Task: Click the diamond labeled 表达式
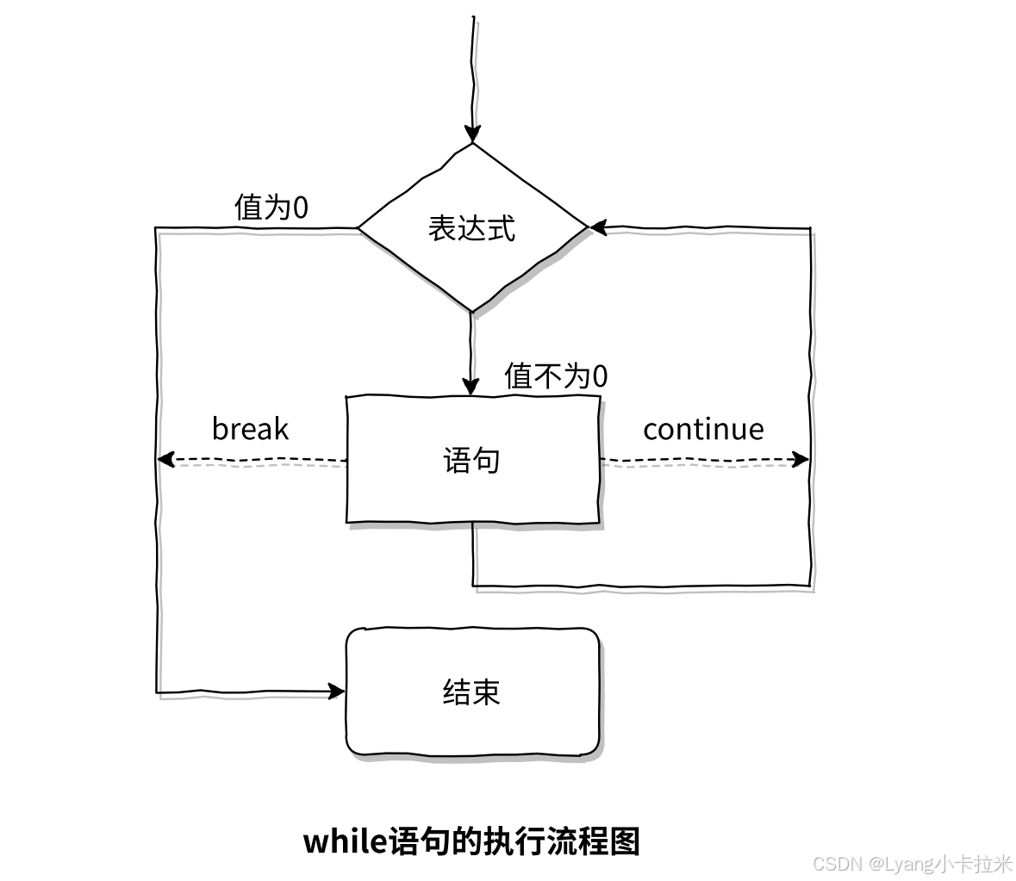coord(472,228)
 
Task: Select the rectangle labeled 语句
coord(472,460)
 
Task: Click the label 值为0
coord(271,208)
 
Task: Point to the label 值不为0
coord(556,376)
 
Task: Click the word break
coord(250,429)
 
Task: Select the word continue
coord(703,429)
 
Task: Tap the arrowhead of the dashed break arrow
coord(166,460)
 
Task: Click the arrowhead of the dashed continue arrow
coord(801,460)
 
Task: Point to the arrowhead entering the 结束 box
coord(337,691)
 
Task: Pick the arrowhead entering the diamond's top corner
coord(471,133)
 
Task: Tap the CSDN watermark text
coord(838,864)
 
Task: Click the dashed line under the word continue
coord(702,460)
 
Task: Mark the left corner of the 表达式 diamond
coord(358,228)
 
